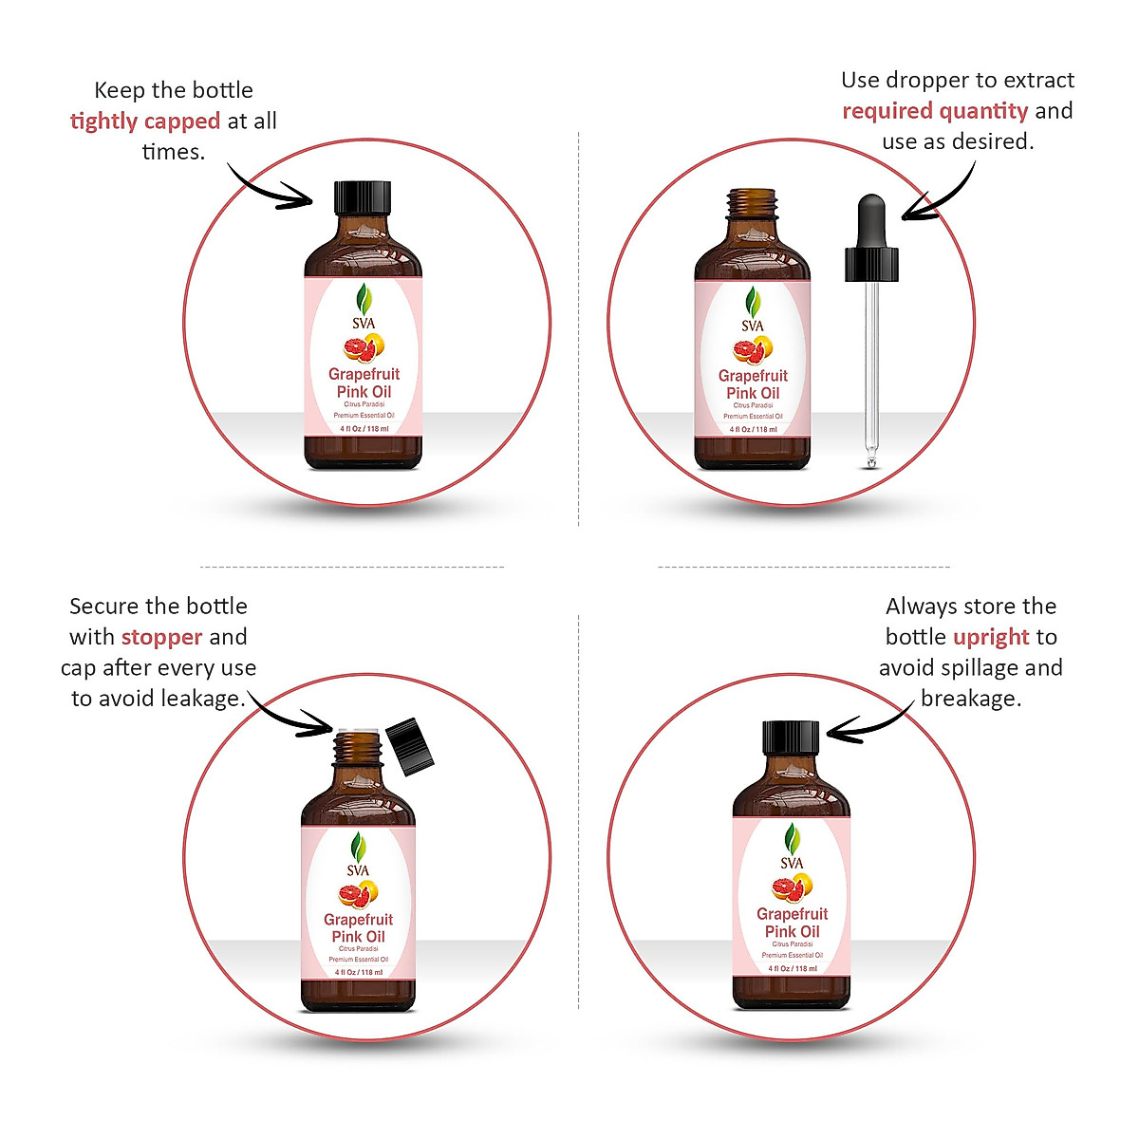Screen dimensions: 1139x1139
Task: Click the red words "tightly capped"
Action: pos(144,121)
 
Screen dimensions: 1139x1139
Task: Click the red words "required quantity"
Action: pos(935,111)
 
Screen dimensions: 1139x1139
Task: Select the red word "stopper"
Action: pos(161,637)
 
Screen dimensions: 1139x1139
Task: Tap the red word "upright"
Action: pos(991,637)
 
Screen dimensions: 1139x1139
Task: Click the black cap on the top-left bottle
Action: pos(363,197)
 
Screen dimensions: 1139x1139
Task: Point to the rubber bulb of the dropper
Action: pos(870,222)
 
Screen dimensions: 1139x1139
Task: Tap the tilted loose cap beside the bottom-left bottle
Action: pos(410,747)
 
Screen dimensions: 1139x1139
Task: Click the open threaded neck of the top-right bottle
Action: pos(753,203)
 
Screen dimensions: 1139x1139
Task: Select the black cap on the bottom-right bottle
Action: pos(791,738)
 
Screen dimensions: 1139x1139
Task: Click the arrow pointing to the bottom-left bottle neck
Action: pos(289,718)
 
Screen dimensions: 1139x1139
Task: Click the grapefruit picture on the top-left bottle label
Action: pos(364,348)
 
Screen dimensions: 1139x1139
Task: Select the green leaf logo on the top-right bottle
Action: pos(753,303)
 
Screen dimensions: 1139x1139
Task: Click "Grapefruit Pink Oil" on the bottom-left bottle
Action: pos(358,927)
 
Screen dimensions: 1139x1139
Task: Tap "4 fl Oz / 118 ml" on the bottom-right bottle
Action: pos(792,969)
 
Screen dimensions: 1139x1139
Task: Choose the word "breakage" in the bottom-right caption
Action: pos(970,699)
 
